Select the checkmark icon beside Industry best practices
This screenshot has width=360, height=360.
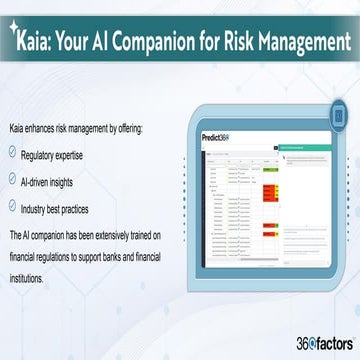point(12,207)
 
